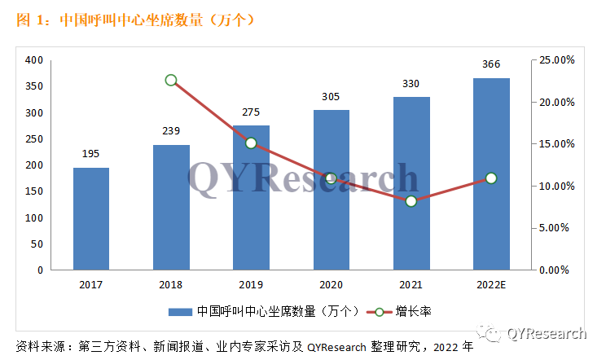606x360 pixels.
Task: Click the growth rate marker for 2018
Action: pos(171,80)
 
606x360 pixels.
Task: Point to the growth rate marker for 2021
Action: pos(411,200)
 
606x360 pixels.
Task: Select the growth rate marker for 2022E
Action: pos(491,178)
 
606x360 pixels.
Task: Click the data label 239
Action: pos(171,131)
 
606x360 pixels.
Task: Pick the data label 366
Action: pos(491,64)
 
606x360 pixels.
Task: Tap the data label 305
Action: pos(331,96)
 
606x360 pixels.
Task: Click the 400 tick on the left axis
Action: pos(33,60)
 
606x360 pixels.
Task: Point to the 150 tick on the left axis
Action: pos(33,191)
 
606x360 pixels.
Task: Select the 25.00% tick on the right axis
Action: pos(557,60)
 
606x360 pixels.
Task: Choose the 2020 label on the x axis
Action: pos(331,284)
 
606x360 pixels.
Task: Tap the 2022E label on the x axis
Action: pos(491,284)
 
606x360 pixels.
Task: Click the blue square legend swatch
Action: pos(180,311)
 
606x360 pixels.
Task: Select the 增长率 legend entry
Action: pos(413,311)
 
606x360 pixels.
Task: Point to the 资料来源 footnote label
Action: pos(41,346)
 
